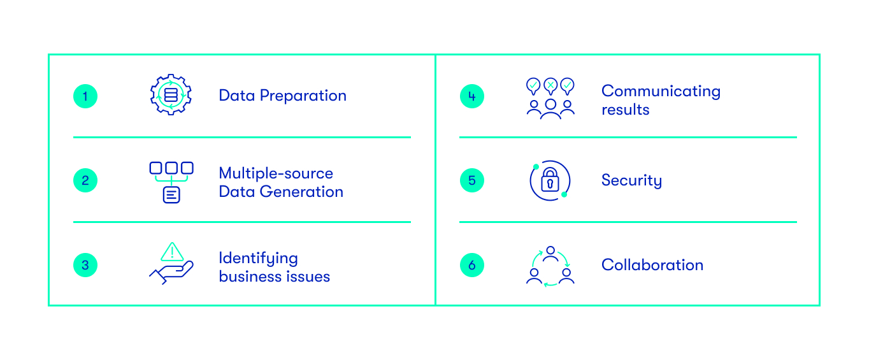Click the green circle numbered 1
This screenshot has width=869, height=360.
(85, 96)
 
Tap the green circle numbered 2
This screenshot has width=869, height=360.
(85, 180)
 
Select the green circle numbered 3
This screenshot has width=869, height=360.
(85, 265)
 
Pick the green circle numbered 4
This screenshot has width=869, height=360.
(471, 96)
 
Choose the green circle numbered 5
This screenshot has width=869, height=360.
(471, 180)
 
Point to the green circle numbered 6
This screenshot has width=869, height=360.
(471, 265)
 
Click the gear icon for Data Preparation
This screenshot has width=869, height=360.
(171, 96)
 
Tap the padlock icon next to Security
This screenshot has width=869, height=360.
(550, 181)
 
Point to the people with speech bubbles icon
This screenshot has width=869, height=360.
(550, 98)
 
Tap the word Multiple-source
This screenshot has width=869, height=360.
(276, 173)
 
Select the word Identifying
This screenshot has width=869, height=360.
(258, 259)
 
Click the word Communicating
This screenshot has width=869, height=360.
(661, 91)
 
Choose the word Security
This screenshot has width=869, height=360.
(631, 181)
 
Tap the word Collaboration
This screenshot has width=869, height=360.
(652, 265)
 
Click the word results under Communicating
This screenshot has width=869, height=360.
(625, 110)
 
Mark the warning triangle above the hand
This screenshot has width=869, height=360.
(172, 252)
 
